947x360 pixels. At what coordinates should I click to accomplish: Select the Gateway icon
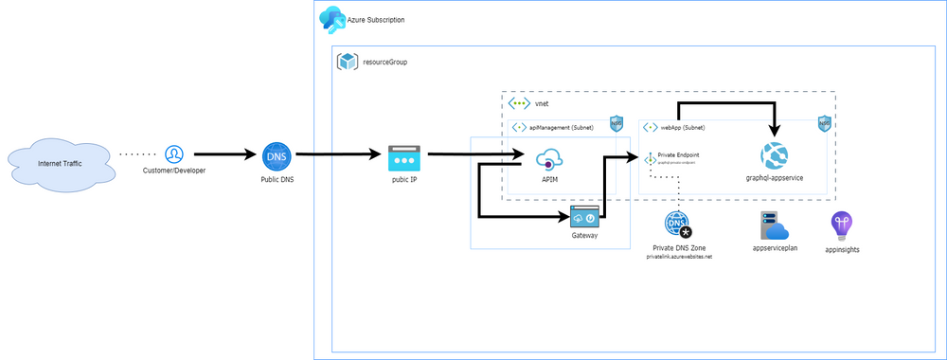tap(584, 217)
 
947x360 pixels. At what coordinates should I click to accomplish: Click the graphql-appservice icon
tap(775, 154)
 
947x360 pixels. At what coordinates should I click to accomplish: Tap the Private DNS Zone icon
tap(678, 225)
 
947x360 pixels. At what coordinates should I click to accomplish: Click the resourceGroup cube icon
tap(348, 62)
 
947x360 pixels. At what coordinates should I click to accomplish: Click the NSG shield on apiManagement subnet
tap(616, 124)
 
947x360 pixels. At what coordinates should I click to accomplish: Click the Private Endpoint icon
tap(651, 159)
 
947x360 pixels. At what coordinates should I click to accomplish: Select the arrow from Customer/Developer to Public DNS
tap(222, 153)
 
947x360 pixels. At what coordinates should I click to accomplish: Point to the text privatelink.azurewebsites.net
tap(678, 256)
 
